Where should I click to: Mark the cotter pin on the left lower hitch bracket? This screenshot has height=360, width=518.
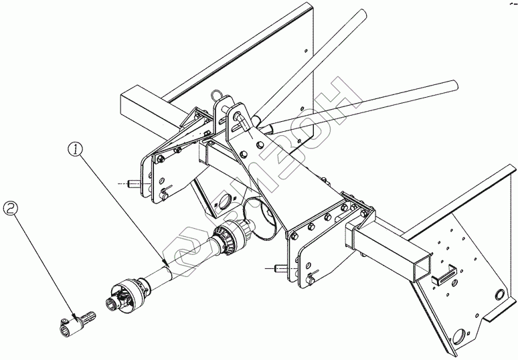pyautogui.click(x=168, y=189)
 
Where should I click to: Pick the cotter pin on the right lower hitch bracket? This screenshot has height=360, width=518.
pyautogui.click(x=309, y=276)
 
